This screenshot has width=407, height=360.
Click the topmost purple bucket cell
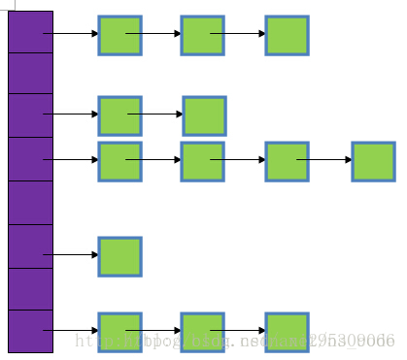tap(30, 32)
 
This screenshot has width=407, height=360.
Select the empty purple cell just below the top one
tap(30, 74)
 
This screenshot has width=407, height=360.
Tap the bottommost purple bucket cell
tap(30, 331)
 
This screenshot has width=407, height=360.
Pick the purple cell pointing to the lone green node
tap(30, 245)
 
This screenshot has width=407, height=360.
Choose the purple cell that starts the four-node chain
tap(30, 159)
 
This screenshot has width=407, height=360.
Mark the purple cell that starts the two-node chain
tap(30, 115)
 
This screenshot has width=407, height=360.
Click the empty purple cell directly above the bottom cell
tap(30, 288)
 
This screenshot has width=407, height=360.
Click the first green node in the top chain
tap(119, 35)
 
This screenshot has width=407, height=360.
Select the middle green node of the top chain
tap(202, 35)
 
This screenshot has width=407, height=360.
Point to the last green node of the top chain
tap(287, 35)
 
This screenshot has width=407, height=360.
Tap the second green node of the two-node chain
tap(204, 115)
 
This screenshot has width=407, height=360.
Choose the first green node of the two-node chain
tap(119, 115)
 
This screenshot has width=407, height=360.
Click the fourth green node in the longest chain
tap(373, 161)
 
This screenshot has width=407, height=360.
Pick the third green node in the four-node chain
tap(287, 161)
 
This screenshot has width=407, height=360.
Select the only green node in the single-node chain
tap(119, 256)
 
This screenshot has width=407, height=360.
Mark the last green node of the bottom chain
tap(287, 332)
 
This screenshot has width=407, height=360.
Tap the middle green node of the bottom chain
tap(202, 332)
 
